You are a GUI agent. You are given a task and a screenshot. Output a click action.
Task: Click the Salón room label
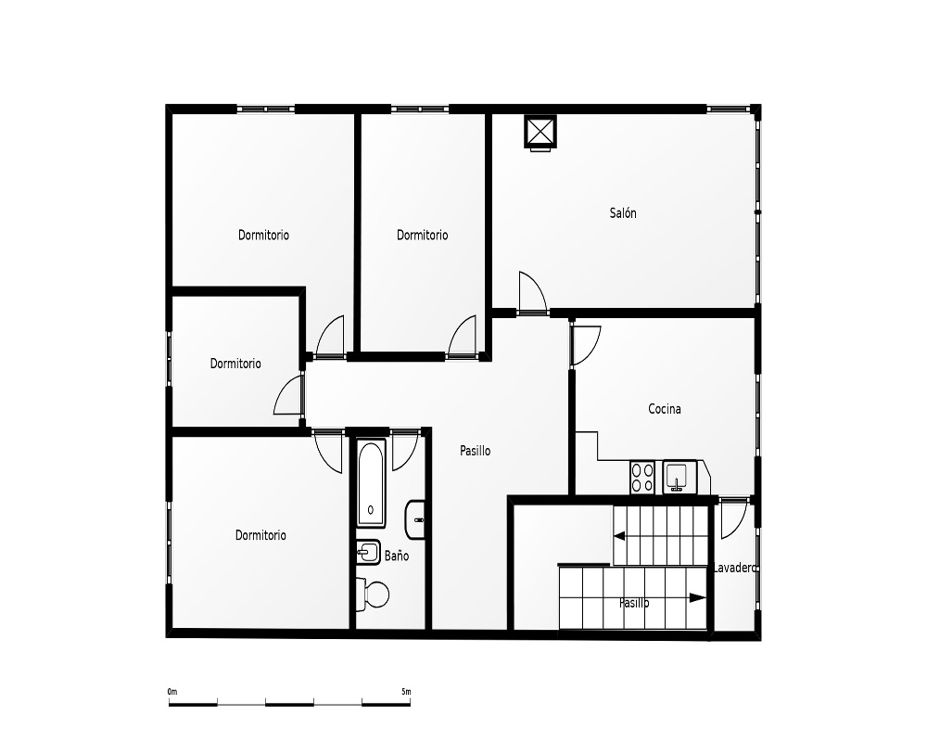[623, 213]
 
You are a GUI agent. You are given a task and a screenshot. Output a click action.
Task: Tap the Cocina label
[665, 409]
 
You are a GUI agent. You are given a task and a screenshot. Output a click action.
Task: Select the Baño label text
[397, 556]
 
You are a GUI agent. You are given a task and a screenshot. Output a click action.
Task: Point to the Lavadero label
[735, 568]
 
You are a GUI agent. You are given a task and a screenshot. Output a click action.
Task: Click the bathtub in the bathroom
[372, 483]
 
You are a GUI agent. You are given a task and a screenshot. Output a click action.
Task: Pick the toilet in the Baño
[373, 595]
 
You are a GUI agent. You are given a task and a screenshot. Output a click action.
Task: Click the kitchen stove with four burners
[642, 478]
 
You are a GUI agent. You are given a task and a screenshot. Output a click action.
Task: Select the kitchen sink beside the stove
[679, 478]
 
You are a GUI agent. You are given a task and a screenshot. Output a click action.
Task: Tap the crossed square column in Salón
[540, 132]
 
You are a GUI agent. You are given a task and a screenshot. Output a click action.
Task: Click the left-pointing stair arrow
[619, 537]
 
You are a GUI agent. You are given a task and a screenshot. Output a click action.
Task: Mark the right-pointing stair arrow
[698, 597]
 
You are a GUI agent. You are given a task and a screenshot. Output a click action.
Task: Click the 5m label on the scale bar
[406, 692]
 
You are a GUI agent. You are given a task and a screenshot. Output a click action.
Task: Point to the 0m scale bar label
[172, 692]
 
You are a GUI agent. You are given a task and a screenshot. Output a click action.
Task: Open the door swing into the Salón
[532, 291]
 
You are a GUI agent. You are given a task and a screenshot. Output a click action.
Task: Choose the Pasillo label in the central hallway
[476, 451]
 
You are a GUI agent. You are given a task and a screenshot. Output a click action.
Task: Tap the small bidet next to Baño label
[368, 553]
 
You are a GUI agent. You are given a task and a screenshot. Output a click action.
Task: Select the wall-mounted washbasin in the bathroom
[415, 519]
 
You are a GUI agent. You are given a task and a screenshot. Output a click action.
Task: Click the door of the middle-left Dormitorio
[288, 395]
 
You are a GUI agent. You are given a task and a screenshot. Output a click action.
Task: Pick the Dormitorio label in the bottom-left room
[260, 535]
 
